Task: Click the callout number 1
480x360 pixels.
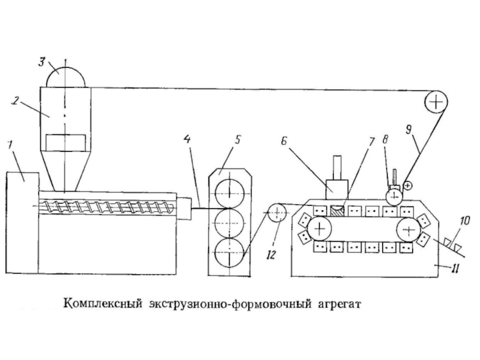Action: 10,143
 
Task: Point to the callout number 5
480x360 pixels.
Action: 238,140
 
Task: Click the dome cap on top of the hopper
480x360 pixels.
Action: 66,75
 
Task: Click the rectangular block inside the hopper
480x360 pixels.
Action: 66,143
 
